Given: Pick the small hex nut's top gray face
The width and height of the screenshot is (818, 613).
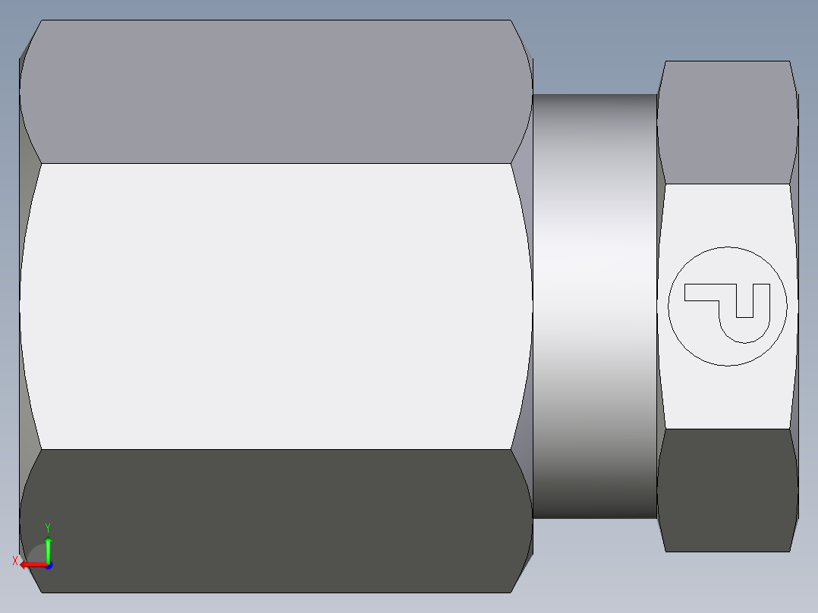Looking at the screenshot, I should coord(727,121).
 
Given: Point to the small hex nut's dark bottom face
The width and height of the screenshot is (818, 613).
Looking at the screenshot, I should coord(727,489).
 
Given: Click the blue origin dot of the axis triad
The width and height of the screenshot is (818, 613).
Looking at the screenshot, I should coord(48,564).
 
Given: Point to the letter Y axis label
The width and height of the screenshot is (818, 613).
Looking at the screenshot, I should coord(48,527).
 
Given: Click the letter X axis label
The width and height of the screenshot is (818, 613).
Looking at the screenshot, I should coord(14,561).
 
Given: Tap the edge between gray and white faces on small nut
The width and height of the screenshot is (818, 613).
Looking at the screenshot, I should coord(727,184).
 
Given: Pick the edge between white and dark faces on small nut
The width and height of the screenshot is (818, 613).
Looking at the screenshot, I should coord(727,429).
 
